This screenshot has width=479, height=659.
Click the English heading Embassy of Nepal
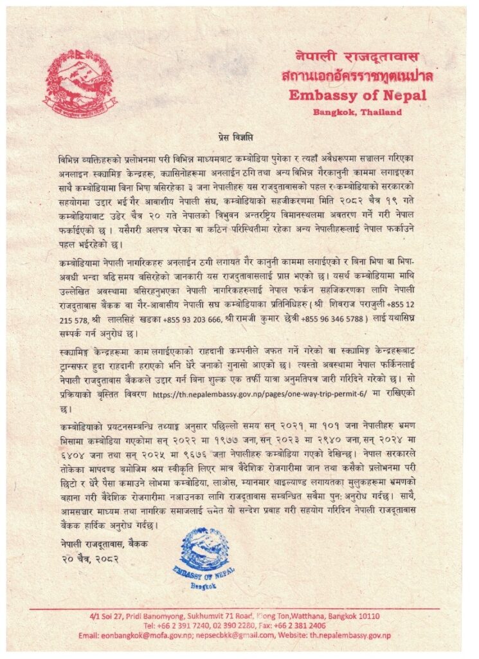point(357,95)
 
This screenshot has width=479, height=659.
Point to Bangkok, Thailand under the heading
point(357,112)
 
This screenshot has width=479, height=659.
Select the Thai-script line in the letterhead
point(357,76)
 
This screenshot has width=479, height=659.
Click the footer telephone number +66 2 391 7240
point(183,626)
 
